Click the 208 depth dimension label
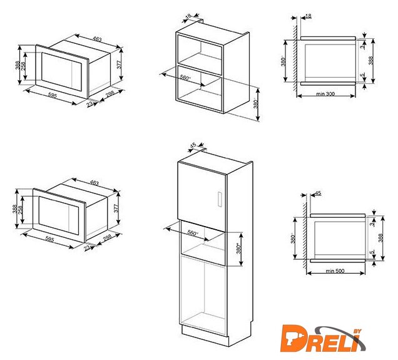110,94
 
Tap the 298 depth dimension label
108,238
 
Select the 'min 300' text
325,94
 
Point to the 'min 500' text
335,271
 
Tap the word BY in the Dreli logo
357,331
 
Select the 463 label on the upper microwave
97,39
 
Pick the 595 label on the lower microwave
49,239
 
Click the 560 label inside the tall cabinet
192,233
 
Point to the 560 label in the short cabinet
185,78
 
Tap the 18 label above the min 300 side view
308,16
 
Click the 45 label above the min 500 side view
318,193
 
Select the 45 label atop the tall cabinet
193,145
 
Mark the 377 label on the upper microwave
120,64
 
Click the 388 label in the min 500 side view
380,238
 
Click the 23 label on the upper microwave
89,104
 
